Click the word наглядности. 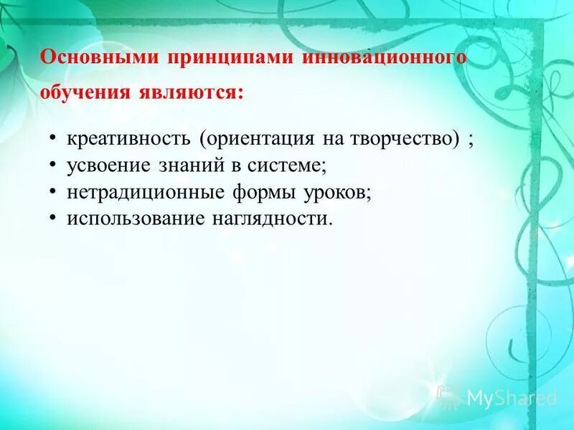coord(271,219)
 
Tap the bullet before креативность coord(55,139)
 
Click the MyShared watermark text coord(511,398)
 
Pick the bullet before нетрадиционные coord(55,193)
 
